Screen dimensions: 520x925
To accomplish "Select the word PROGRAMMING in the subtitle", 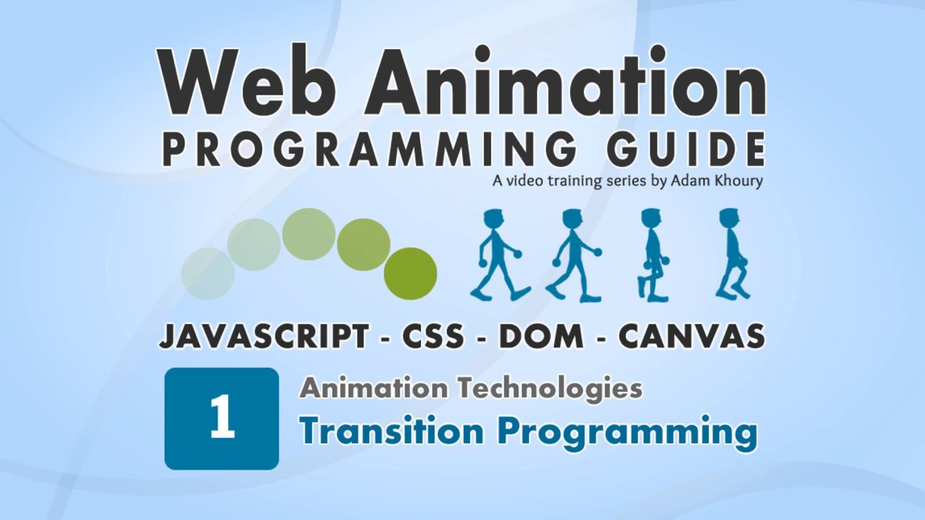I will pos(369,149).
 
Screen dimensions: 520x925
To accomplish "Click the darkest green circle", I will pos(410,274).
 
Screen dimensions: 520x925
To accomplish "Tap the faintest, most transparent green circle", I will pos(208,274).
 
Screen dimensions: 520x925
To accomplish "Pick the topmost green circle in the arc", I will pos(309,234).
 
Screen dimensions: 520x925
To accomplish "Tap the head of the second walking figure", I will pos(572,219).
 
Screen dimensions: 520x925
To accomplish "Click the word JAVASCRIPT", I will pos(264,337).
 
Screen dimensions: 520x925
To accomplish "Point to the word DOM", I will pos(541,337).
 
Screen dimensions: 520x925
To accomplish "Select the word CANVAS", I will pos(692,337).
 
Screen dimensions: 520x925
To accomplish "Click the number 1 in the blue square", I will pos(222,418).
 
